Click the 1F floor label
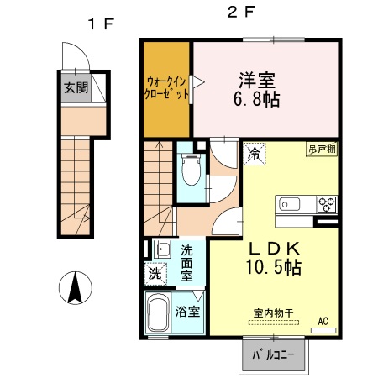click(x=99, y=24)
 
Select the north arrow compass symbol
click(x=75, y=290)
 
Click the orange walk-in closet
click(x=167, y=88)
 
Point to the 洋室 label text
click(x=257, y=81)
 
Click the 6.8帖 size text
click(x=258, y=99)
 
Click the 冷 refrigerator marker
click(x=254, y=154)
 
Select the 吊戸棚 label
click(x=321, y=150)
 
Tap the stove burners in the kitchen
click(x=325, y=204)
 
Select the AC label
click(x=323, y=320)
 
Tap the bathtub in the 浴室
click(x=158, y=315)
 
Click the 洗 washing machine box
click(x=155, y=273)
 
